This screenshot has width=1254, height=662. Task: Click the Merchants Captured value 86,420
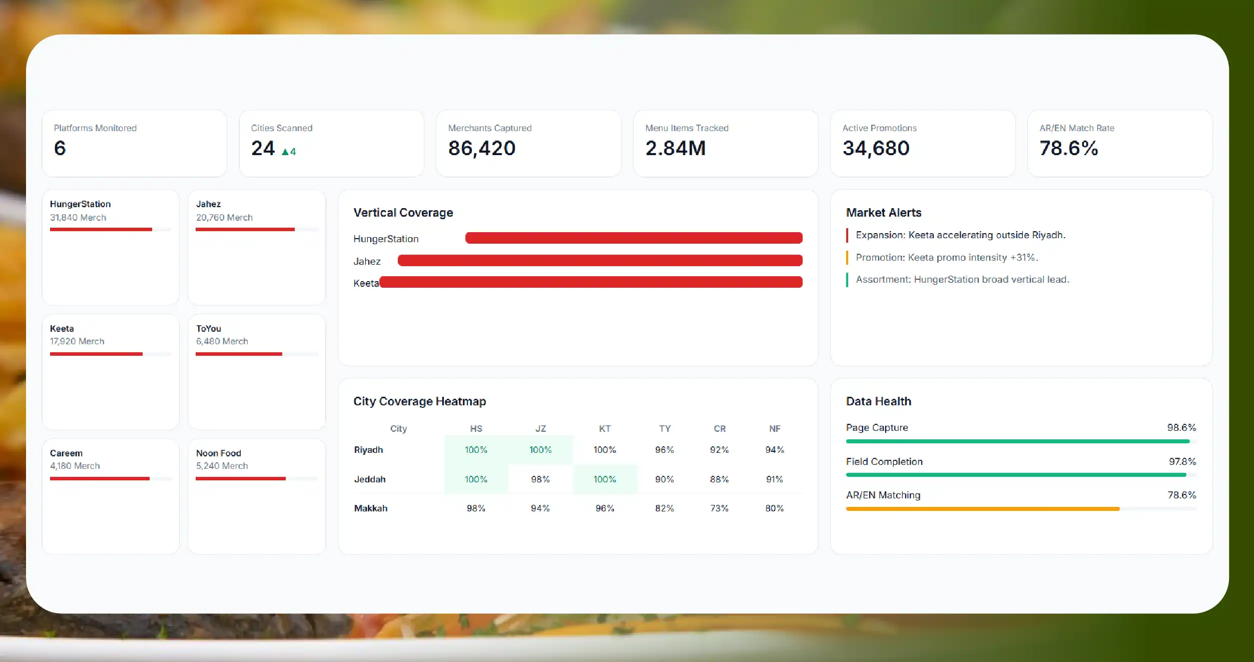click(x=481, y=149)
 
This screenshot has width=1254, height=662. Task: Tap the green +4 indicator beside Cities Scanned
click(x=289, y=152)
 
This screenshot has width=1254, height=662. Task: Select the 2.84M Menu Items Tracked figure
click(x=675, y=148)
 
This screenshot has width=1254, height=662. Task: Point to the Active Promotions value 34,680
click(x=876, y=149)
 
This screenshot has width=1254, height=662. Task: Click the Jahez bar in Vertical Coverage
click(x=600, y=260)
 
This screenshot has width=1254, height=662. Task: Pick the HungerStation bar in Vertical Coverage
click(x=634, y=238)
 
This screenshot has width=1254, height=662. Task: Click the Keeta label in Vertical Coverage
click(x=366, y=283)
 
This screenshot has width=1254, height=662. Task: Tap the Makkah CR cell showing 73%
click(x=719, y=508)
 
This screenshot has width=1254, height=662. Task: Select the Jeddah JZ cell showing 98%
click(x=540, y=479)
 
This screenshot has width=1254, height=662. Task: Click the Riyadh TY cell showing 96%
click(x=665, y=450)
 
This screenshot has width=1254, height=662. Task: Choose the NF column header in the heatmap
click(x=775, y=429)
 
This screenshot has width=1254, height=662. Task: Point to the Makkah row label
click(x=371, y=508)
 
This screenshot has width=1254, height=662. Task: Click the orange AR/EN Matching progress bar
click(x=983, y=509)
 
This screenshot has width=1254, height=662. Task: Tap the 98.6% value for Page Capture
click(x=1181, y=428)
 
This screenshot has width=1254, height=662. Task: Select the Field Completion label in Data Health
click(x=884, y=462)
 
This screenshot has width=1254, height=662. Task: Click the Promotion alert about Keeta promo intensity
click(x=947, y=258)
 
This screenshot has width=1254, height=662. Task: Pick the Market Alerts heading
click(x=884, y=213)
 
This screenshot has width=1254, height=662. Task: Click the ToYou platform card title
click(x=209, y=329)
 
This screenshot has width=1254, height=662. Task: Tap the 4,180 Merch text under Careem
click(x=75, y=466)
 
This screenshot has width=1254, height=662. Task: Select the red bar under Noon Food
click(x=241, y=479)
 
